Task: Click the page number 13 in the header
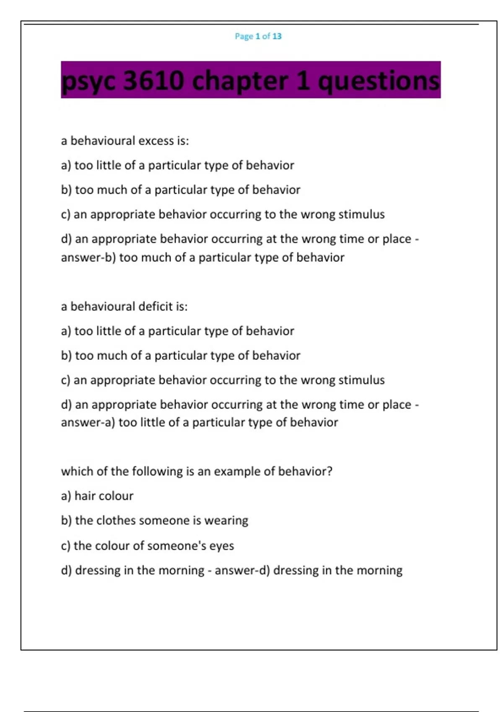[277, 36]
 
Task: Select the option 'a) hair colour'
[97, 496]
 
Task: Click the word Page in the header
[244, 36]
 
